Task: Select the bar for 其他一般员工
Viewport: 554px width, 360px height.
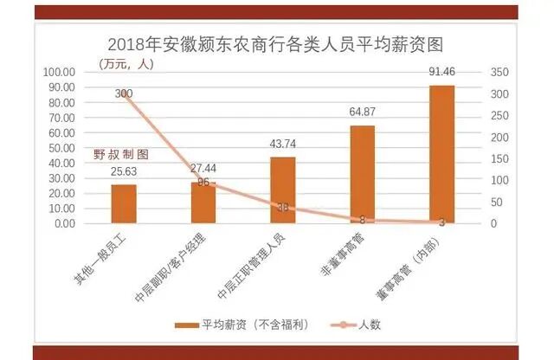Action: pos(123,204)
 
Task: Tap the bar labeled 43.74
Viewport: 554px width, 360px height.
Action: pos(282,190)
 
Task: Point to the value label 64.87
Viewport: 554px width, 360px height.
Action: pos(362,112)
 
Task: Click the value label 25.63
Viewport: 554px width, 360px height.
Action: pos(124,171)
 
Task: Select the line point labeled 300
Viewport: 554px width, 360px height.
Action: pos(124,93)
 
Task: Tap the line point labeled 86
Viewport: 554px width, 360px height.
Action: pos(203,183)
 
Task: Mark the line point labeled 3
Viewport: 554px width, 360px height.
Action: pos(441,222)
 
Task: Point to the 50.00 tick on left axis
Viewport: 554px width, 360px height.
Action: pos(61,148)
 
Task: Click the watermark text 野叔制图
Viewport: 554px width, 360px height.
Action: pos(121,154)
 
